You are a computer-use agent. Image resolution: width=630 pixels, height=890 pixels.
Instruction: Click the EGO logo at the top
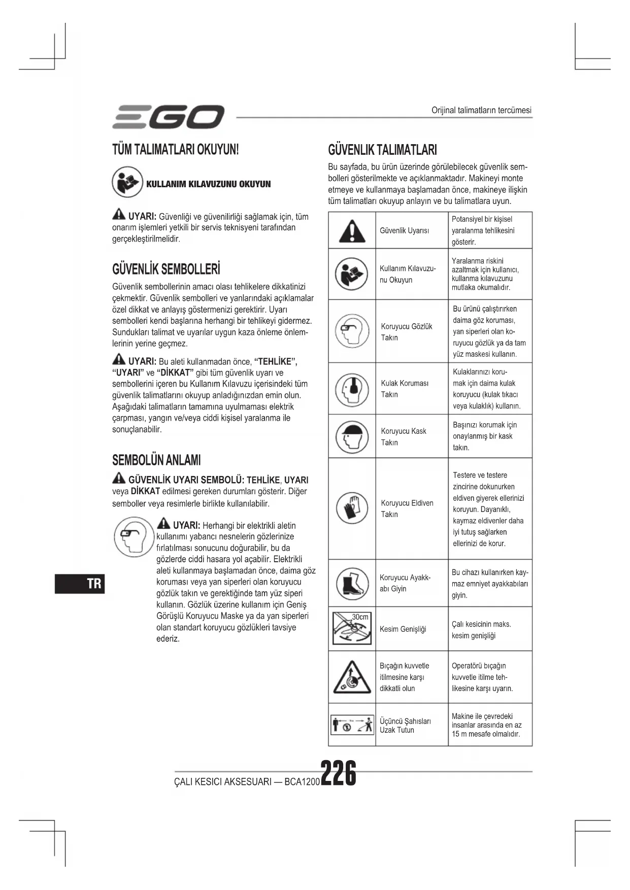[168, 117]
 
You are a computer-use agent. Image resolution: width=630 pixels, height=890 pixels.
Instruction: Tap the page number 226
[338, 773]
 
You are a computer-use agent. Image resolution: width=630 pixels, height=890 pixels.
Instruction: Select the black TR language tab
[80, 583]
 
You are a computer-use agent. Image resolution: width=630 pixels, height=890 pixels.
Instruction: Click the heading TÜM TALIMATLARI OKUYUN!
[175, 150]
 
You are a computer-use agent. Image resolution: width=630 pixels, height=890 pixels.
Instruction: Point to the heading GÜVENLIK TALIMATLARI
[382, 150]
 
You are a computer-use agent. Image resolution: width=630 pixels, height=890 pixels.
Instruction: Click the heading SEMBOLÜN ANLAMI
[156, 460]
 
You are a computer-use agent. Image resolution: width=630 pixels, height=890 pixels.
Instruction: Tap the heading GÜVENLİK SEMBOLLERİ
[166, 269]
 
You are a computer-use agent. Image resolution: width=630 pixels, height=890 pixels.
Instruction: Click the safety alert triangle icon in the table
[352, 231]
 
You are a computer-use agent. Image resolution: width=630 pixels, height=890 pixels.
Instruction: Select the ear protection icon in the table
[352, 389]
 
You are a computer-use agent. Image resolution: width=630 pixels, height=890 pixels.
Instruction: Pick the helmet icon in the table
[352, 436]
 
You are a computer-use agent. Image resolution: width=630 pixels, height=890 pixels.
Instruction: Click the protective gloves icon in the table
[352, 508]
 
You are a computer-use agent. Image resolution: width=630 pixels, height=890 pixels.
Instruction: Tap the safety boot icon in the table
[352, 583]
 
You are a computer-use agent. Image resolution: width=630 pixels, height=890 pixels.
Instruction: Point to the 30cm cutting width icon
[352, 629]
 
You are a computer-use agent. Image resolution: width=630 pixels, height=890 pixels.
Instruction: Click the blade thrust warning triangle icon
[352, 677]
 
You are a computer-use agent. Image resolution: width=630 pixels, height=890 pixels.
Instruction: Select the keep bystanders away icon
[352, 724]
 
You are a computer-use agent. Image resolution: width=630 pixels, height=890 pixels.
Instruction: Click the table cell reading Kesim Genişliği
[403, 629]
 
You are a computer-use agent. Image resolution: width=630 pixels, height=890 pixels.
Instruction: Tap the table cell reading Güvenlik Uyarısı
[404, 230]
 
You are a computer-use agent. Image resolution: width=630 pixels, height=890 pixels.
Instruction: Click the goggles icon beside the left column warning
[134, 536]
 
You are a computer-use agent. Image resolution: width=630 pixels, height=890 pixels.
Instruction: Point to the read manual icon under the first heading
[127, 183]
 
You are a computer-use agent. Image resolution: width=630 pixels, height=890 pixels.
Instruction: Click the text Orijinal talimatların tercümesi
[481, 110]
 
